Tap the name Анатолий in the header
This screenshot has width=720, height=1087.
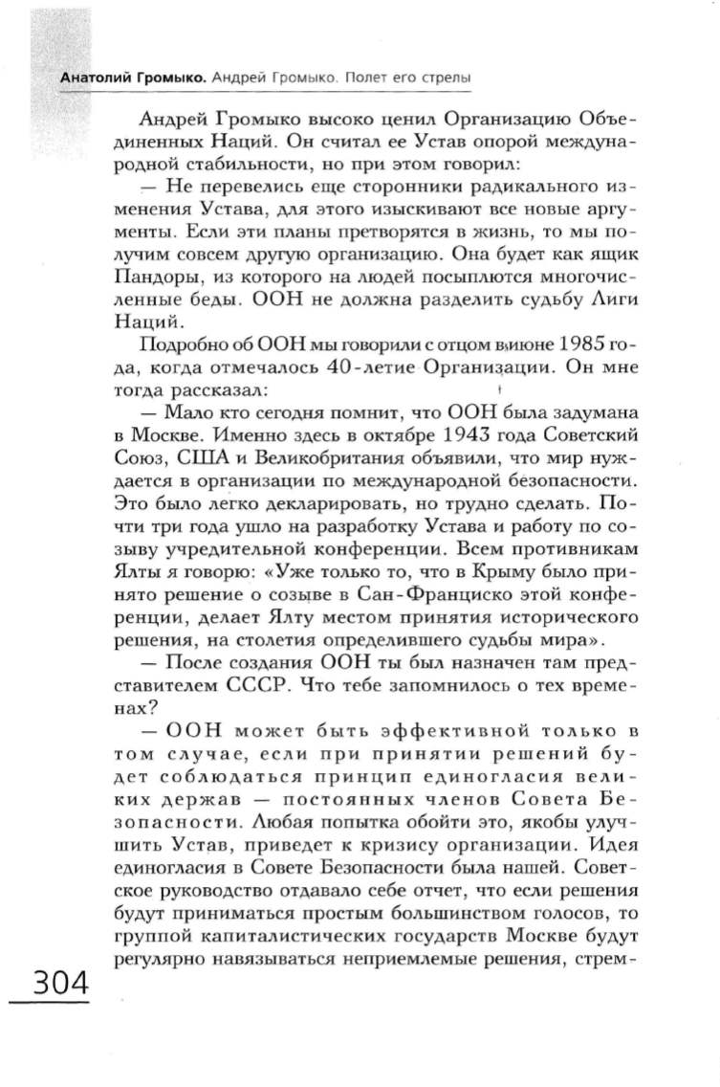[x=94, y=77]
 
